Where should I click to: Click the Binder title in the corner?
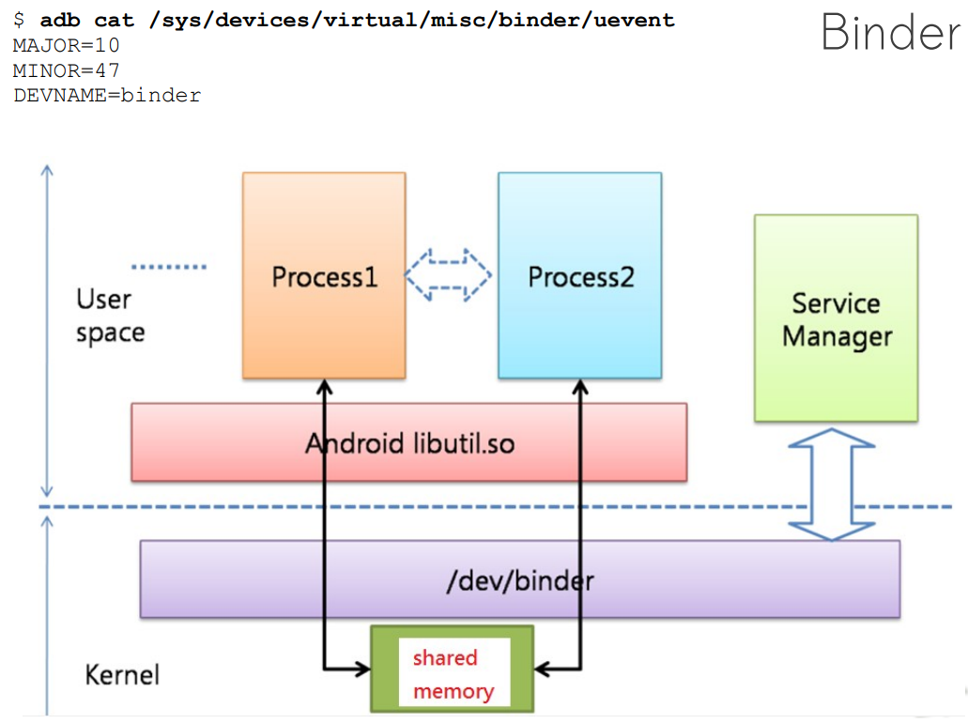890,34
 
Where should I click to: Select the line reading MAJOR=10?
66,45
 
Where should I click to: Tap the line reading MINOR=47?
66,70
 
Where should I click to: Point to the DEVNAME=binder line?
107,96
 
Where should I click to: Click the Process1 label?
324,277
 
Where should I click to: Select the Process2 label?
580,277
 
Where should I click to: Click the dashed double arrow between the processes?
448,275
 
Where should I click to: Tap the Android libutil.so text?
409,442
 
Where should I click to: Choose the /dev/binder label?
519,580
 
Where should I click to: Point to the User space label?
110,316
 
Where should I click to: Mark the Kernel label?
122,674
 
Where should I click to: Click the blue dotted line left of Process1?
169,268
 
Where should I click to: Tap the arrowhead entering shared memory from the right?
543,670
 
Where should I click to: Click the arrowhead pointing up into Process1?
324,386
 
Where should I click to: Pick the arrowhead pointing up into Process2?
580,386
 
